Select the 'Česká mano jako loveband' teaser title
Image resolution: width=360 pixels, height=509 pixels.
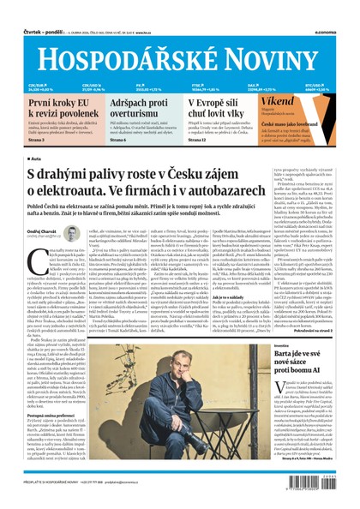coord(309,123)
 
